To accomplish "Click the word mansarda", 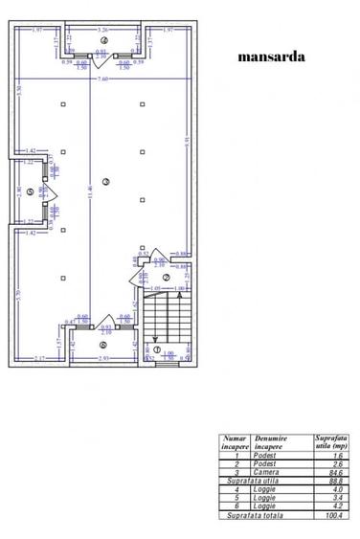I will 272,56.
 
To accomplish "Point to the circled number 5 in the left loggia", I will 32,191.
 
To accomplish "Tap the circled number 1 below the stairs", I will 158,348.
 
